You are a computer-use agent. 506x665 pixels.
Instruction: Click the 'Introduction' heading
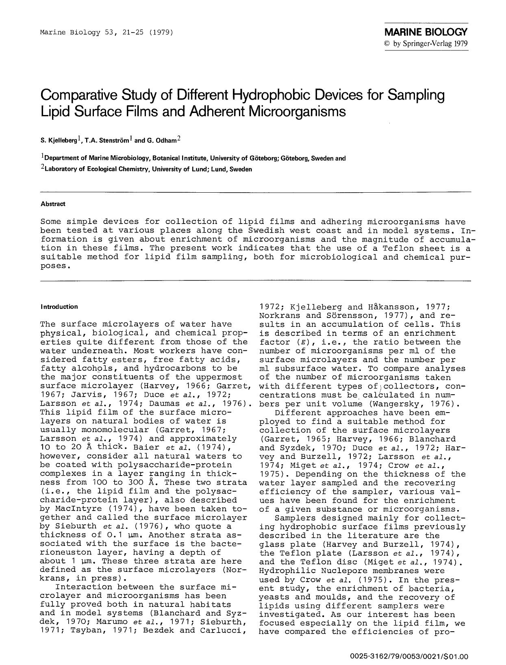coord(59,307)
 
